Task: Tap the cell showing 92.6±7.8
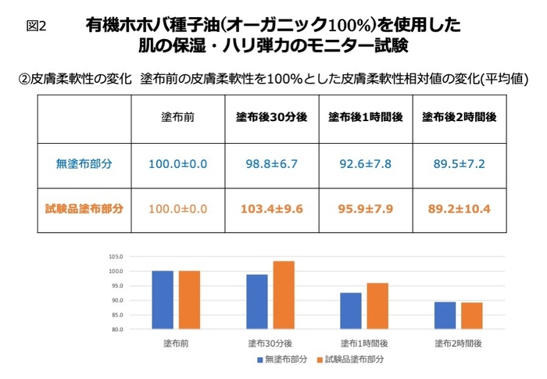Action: click(x=365, y=164)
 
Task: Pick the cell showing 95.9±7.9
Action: click(x=365, y=209)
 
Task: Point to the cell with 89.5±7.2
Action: click(x=459, y=164)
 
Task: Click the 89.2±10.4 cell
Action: click(x=459, y=209)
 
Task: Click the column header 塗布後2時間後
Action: click(x=459, y=117)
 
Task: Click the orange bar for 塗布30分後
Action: click(x=284, y=295)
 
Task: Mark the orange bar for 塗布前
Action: click(x=190, y=300)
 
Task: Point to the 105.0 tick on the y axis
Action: click(x=118, y=256)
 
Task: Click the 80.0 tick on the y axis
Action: click(x=118, y=330)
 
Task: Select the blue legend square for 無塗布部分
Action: click(x=259, y=359)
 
